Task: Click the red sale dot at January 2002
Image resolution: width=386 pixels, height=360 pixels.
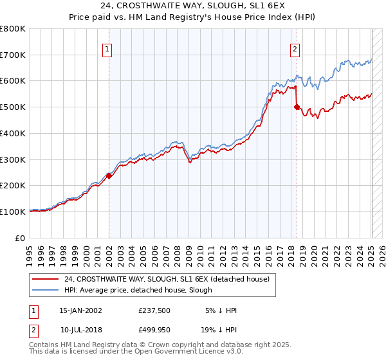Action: coord(109,175)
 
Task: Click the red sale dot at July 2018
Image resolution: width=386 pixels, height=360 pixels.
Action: coord(297,107)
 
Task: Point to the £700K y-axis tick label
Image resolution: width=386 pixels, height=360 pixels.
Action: coord(13,55)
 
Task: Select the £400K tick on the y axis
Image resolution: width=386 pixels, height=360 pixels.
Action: coord(13,134)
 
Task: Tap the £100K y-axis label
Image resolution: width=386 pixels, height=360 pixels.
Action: coord(13,212)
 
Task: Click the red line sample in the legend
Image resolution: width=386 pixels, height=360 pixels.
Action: coord(45,279)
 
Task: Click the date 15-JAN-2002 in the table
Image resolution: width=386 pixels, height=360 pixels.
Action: coord(80,310)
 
